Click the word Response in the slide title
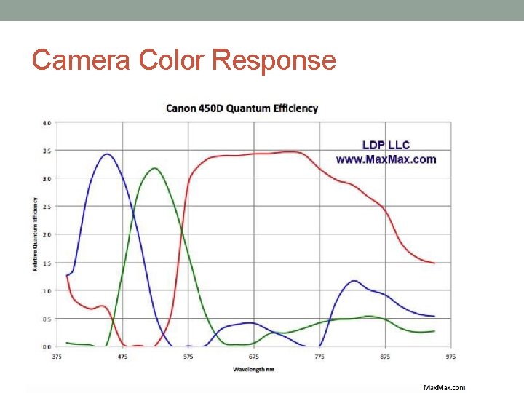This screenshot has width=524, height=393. click(x=274, y=60)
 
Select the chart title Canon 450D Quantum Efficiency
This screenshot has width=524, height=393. click(x=242, y=108)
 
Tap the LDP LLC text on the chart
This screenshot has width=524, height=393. click(x=386, y=145)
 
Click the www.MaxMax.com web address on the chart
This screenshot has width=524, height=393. click(x=386, y=159)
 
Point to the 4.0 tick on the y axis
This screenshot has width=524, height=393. click(x=47, y=123)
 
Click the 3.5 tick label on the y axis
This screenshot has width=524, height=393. click(x=47, y=151)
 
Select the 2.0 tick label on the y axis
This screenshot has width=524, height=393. click(x=47, y=234)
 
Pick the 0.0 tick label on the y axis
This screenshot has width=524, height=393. click(x=47, y=346)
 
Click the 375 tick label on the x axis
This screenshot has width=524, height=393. click(x=57, y=356)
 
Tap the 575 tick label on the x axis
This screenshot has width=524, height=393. click(x=188, y=356)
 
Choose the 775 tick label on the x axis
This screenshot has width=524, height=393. click(x=319, y=356)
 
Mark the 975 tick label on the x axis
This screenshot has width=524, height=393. click(x=450, y=356)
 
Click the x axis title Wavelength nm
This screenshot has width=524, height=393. click(x=253, y=369)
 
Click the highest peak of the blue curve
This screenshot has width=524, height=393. click(x=107, y=154)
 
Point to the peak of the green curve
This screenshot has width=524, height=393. click(x=154, y=168)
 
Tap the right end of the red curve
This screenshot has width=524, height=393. click(x=434, y=263)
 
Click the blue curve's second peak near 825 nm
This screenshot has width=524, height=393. click(x=354, y=280)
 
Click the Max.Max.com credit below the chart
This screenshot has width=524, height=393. click(x=444, y=387)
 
